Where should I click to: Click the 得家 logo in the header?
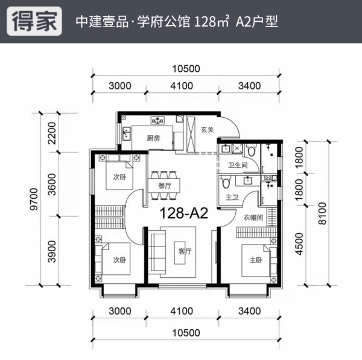pos(35,22)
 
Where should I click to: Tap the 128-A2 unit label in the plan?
pos(183,213)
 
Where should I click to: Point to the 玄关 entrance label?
pos(208,129)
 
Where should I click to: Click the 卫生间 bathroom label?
pos(236,165)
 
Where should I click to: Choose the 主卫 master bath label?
pos(230,197)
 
